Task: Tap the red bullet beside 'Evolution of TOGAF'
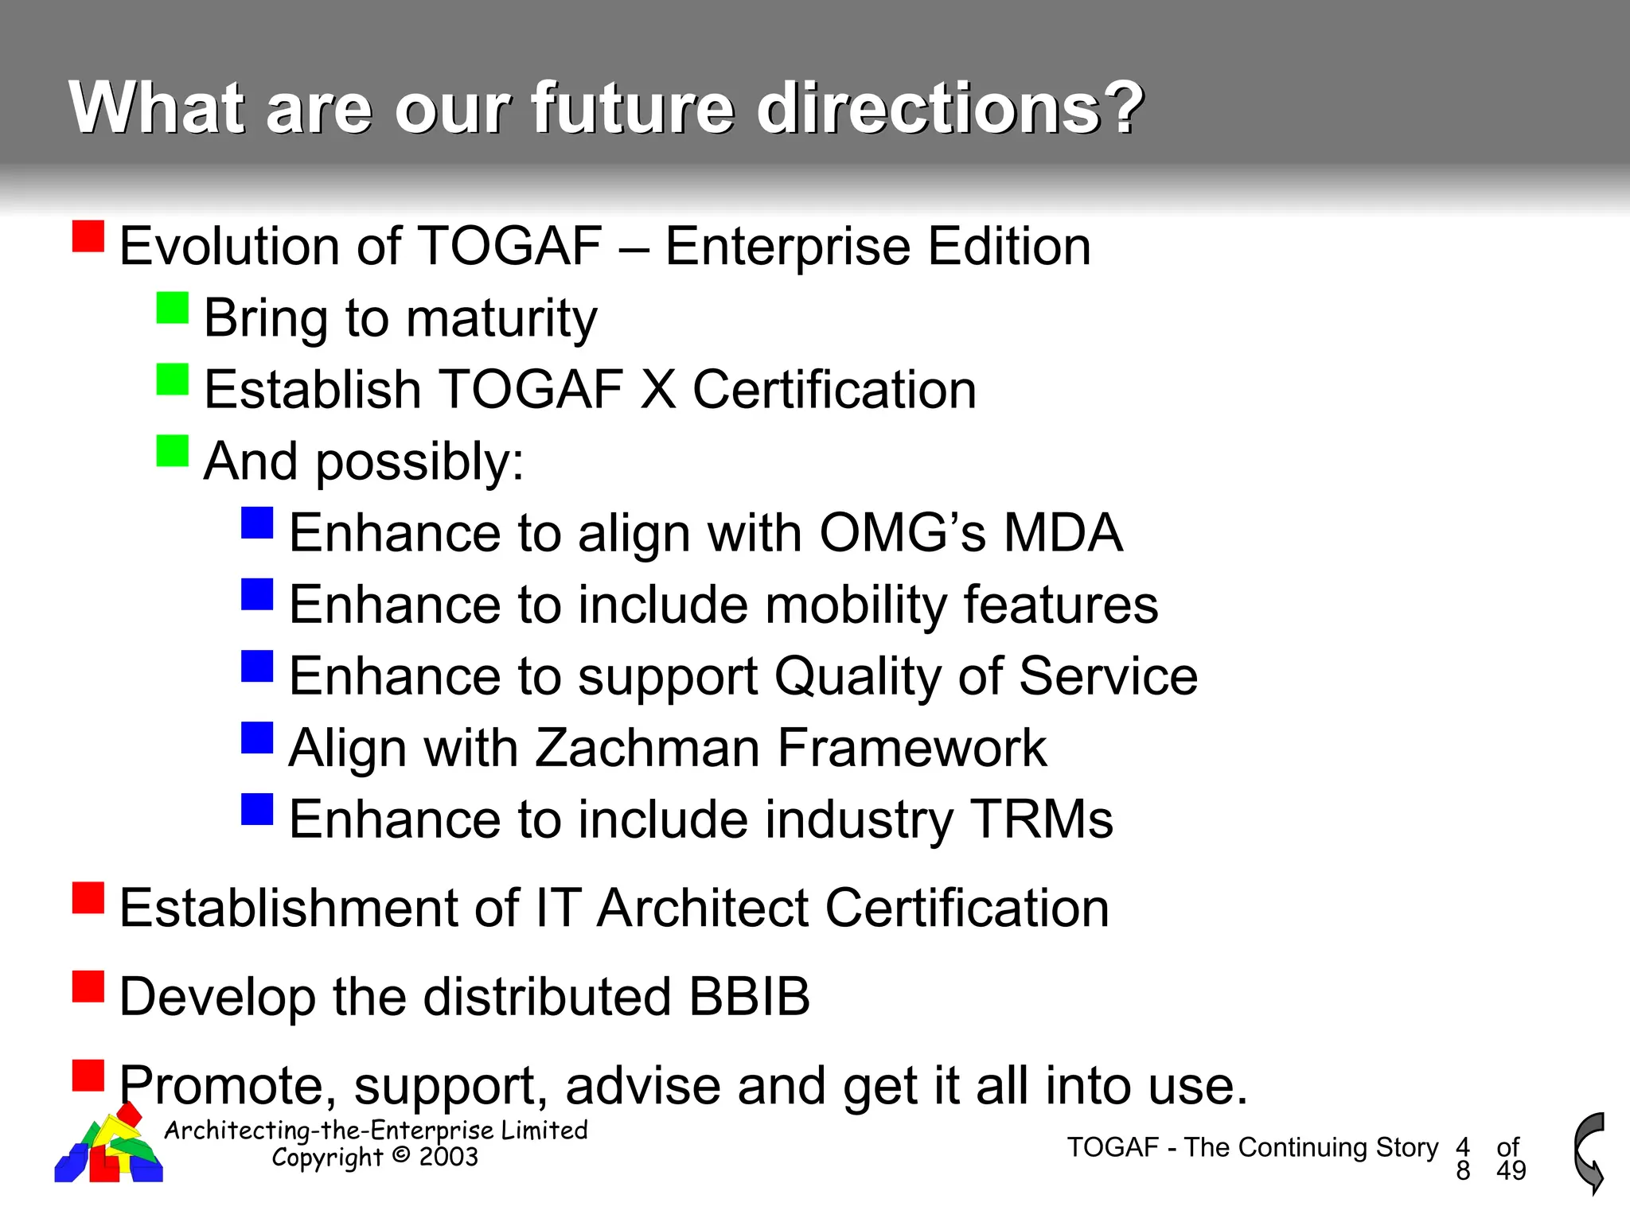pyautogui.click(x=88, y=236)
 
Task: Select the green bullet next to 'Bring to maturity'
pyautogui.click(x=173, y=308)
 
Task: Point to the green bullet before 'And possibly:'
pyautogui.click(x=173, y=451)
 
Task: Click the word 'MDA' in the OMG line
pyautogui.click(x=1063, y=532)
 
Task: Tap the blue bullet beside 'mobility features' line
pyautogui.click(x=257, y=594)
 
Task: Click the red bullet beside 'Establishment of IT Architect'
pyautogui.click(x=88, y=898)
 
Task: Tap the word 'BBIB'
pyautogui.click(x=749, y=996)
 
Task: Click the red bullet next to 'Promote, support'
pyautogui.click(x=88, y=1076)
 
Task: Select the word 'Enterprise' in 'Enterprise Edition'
pyautogui.click(x=786, y=246)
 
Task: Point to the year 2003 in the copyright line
pyautogui.click(x=448, y=1157)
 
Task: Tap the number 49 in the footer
pyautogui.click(x=1511, y=1170)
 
